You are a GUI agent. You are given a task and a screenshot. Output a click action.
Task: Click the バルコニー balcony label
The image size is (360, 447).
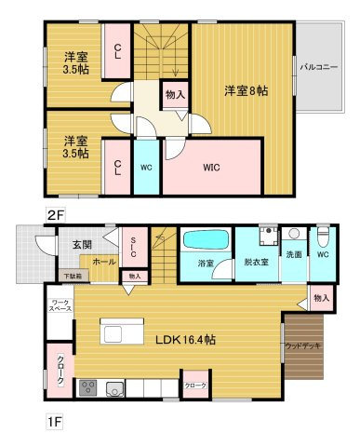[319, 67]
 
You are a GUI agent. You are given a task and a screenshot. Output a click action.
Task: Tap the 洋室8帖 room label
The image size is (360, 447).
[247, 91]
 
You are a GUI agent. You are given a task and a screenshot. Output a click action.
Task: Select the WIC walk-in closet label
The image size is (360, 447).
[211, 168]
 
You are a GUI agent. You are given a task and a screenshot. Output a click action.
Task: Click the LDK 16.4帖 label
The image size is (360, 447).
[185, 340]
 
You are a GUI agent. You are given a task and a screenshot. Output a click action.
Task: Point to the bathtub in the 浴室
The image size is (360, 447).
[207, 240]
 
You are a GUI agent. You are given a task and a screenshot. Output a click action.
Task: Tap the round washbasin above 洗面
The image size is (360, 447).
[293, 234]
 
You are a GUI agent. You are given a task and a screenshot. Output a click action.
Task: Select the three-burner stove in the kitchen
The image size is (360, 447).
[88, 388]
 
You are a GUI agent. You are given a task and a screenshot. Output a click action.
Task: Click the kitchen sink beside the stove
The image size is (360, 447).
[115, 389]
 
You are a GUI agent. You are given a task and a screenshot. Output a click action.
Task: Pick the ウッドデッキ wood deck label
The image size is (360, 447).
[302, 346]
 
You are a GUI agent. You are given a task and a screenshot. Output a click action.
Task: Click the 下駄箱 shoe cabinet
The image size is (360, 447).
[73, 276]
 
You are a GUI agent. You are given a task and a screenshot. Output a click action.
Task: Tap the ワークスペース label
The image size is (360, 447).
[61, 305]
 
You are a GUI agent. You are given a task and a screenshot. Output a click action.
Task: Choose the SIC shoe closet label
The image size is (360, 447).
[133, 248]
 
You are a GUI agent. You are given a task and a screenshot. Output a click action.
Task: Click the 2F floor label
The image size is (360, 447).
[55, 215]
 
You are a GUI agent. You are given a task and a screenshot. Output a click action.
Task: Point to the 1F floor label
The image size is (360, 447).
[55, 422]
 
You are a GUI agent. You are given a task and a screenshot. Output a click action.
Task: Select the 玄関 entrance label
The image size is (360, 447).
[82, 245]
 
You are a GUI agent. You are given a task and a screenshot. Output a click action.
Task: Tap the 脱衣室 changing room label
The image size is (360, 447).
[257, 263]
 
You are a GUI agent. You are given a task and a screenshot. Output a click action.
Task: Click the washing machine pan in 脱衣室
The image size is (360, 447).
[269, 237]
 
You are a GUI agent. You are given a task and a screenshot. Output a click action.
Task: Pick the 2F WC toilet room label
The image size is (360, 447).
[146, 168]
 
